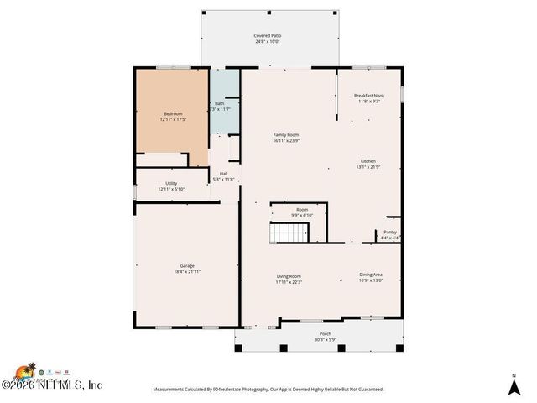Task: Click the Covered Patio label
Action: coord(268,36)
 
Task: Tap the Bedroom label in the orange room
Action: coord(173,113)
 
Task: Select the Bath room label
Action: coord(219,103)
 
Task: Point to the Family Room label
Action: coord(286,134)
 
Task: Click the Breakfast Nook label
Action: coord(369,96)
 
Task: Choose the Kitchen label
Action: coord(368,161)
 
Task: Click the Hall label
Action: coord(224,174)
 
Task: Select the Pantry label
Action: coord(390,232)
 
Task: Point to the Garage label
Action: coord(186,266)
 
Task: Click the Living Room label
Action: coord(289,275)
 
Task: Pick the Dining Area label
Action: coord(371,275)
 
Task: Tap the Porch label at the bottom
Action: coord(325,334)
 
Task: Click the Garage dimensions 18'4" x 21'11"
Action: coord(186,272)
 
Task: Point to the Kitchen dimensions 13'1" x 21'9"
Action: coord(368,167)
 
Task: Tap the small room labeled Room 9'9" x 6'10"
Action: coord(301,212)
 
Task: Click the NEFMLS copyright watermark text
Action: coord(59,385)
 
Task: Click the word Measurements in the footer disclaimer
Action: coord(171,390)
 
